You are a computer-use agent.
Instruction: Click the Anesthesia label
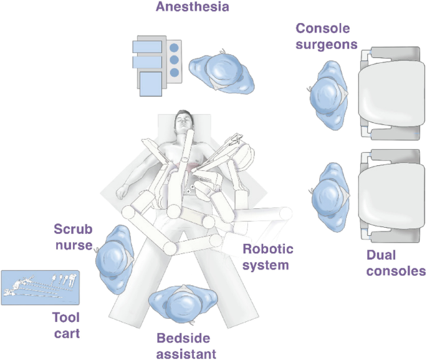tap(192, 7)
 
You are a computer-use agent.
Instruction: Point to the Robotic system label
tap(266, 257)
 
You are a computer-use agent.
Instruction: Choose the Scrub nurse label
tap(73, 236)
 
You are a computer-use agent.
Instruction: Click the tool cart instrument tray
tap(40, 287)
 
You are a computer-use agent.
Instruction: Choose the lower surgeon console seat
tap(390, 200)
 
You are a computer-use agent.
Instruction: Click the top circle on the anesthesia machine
tap(174, 47)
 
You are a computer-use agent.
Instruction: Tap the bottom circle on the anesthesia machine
tap(174, 73)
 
